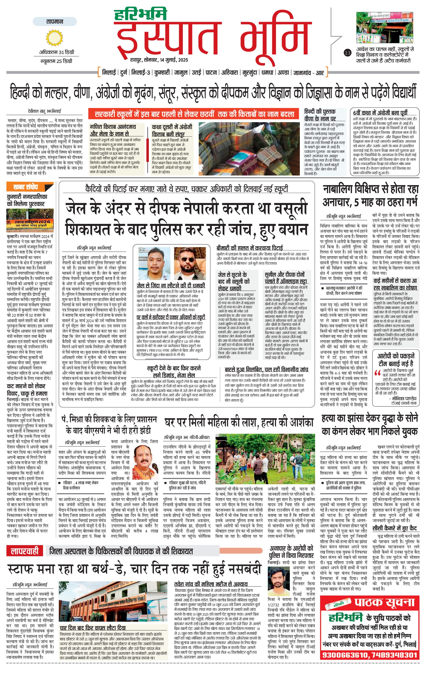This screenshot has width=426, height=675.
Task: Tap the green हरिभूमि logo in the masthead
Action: pyautogui.click(x=140, y=15)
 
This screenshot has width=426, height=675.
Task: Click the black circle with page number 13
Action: pyautogui.click(x=348, y=52)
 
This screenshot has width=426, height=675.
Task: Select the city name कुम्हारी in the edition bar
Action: pyautogui.click(x=162, y=73)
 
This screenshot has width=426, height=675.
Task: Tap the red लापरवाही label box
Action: pyautogui.click(x=25, y=551)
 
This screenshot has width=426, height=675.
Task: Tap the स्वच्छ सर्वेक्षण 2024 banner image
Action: pyautogui.click(x=29, y=221)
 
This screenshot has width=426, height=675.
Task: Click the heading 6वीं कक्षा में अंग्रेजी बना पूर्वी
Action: pyautogui.click(x=380, y=113)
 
